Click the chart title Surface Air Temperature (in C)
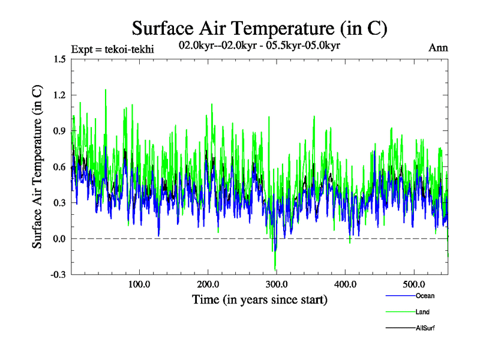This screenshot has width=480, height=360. click(x=260, y=28)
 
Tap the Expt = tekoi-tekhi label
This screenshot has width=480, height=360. click(x=112, y=49)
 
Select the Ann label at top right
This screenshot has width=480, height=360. click(x=438, y=47)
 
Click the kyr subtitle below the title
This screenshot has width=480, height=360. click(x=260, y=45)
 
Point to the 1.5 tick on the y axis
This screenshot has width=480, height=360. click(x=59, y=59)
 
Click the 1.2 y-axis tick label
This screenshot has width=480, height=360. click(x=59, y=95)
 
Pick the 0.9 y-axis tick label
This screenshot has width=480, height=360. click(x=59, y=131)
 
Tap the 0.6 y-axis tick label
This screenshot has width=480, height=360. click(x=59, y=167)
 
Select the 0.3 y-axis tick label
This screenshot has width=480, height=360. click(x=59, y=203)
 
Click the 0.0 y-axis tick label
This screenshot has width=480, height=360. click(x=59, y=239)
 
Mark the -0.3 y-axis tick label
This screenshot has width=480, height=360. click(x=58, y=275)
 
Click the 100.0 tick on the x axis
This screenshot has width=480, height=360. click(x=139, y=284)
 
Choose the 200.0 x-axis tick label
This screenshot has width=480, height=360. click(x=208, y=284)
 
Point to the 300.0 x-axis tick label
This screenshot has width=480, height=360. click(x=277, y=284)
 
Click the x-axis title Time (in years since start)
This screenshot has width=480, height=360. click(x=260, y=299)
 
